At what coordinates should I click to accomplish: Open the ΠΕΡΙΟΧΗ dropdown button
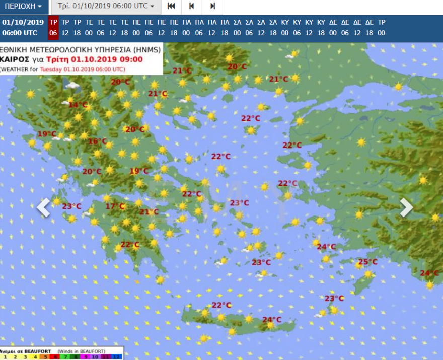point(23,7)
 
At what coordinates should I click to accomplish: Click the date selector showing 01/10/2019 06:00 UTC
point(106,7)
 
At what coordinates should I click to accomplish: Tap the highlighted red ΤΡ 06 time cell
point(53,27)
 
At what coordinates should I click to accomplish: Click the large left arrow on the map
point(44,207)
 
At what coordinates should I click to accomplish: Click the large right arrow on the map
point(406,207)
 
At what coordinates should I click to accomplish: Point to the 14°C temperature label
point(78,105)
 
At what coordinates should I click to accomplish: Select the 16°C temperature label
point(98,141)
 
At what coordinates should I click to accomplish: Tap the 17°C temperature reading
point(115,206)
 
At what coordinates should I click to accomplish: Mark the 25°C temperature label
point(367,262)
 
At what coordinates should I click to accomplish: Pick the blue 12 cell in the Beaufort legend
point(117,356)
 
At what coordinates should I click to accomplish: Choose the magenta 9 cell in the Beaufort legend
point(85,356)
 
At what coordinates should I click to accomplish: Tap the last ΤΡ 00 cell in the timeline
point(381,27)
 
